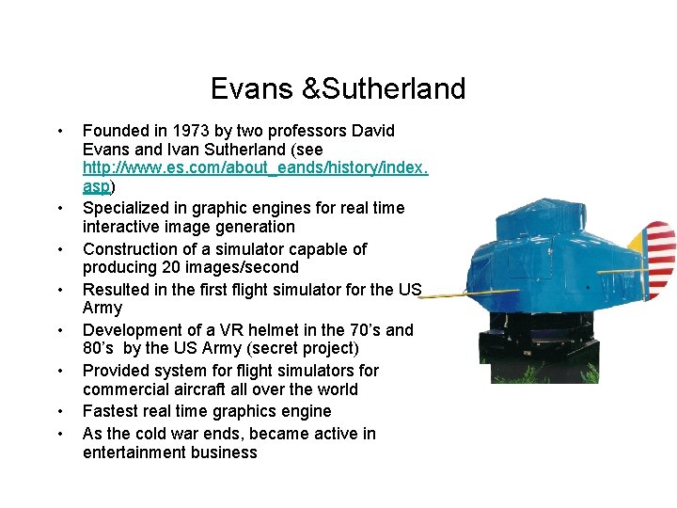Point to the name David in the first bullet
pos(370,131)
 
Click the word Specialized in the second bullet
pos(126,208)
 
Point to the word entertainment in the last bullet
pos(134,452)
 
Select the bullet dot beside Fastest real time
pos(59,411)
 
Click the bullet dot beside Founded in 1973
pos(59,131)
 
